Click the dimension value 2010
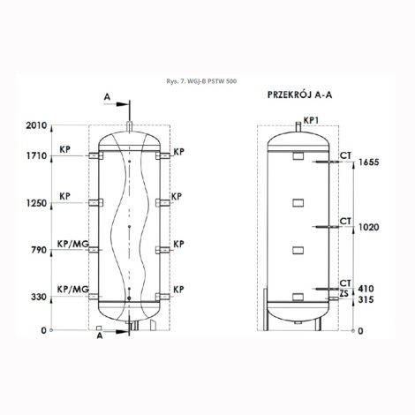pos(36,125)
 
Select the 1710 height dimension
pos(37,156)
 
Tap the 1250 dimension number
pos(36,203)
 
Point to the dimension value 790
pos(39,250)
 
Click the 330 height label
pos(39,297)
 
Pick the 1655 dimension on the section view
pos(368,162)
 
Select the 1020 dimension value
pos(368,227)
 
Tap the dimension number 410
pos(366,289)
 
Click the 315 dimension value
pos(366,299)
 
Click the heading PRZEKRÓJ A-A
pos(299,94)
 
